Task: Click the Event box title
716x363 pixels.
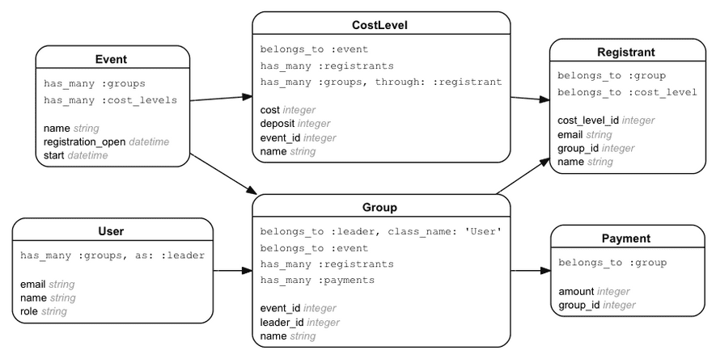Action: pos(111,59)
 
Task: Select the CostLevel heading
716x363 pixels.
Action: pos(380,25)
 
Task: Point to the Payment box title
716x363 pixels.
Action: pos(625,238)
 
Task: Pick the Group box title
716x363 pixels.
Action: pos(380,208)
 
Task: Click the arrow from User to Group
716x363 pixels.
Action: pos(232,271)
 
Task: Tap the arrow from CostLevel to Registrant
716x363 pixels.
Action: pos(530,99)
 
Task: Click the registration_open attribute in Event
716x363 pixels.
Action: pos(85,141)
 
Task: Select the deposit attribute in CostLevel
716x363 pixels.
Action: pos(278,123)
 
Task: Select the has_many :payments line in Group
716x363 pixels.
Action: pos(317,280)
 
